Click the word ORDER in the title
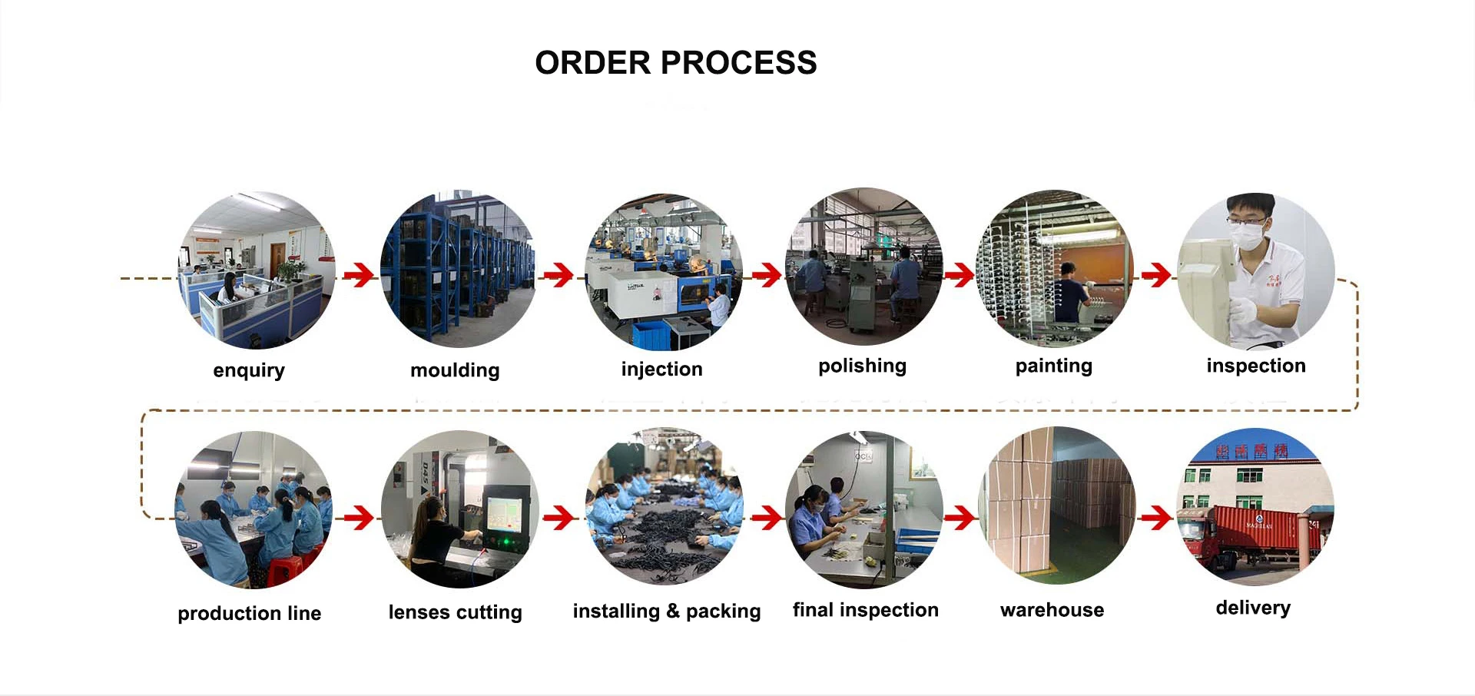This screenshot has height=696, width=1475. point(592,63)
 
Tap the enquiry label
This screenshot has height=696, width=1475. point(249,370)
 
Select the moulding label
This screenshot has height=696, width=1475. point(455,370)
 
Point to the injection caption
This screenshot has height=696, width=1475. point(661,370)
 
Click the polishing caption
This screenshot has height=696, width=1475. point(862,366)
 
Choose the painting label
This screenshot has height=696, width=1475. point(1053,366)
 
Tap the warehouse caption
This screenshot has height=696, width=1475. point(1052,610)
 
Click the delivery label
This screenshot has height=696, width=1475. point(1253,608)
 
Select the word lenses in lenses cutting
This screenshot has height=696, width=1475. point(418,612)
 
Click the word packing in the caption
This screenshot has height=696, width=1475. point(723,611)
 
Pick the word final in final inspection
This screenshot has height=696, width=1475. point(813,610)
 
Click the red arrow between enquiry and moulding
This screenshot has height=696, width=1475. point(358,274)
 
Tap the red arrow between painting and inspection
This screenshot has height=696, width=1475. point(1156,274)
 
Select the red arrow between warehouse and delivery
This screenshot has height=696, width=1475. point(1156,519)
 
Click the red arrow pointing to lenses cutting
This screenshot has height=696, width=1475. point(358,519)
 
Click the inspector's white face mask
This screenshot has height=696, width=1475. point(1245,234)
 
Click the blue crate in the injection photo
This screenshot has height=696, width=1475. point(651,335)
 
